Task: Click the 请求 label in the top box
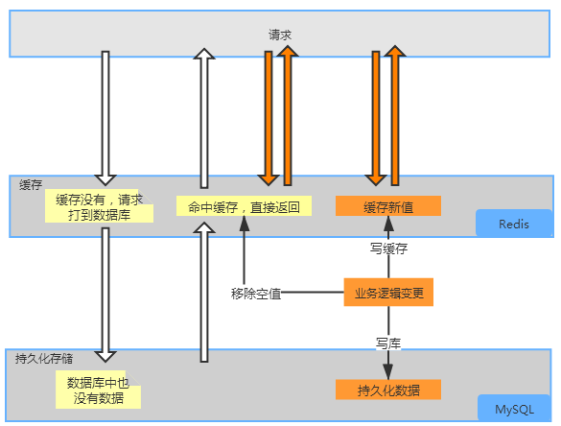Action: [280, 34]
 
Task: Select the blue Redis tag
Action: [514, 224]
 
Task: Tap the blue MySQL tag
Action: [515, 410]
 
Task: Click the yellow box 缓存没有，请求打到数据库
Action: [100, 207]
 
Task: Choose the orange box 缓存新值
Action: [387, 206]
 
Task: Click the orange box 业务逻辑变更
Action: [388, 292]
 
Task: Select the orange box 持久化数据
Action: [387, 390]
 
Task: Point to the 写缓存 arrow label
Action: [388, 248]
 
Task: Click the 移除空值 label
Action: [256, 293]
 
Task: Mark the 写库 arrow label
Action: [388, 342]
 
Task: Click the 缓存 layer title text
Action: [30, 184]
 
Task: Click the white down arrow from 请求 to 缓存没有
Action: [105, 115]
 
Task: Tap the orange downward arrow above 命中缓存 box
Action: [269, 115]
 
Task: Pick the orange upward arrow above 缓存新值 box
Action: [395, 115]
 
